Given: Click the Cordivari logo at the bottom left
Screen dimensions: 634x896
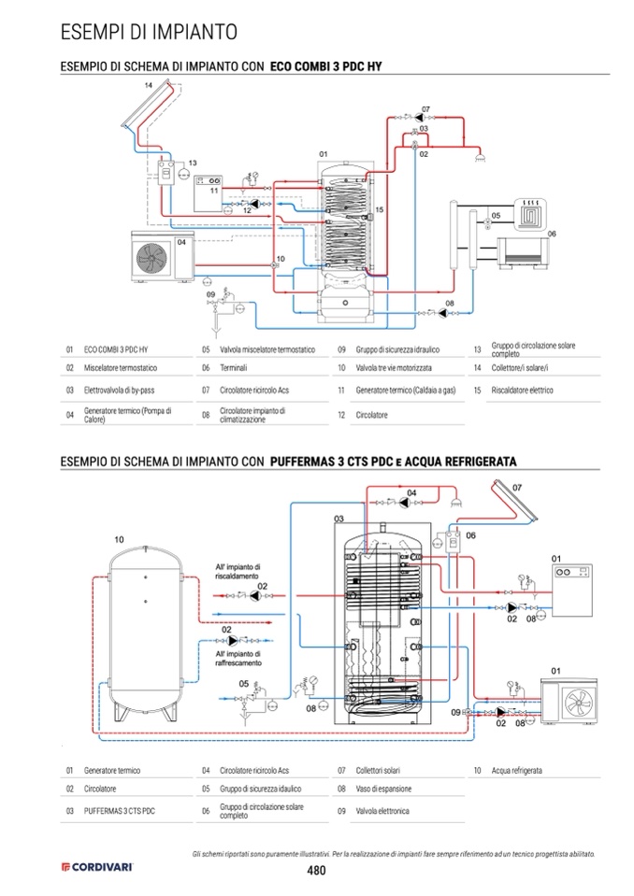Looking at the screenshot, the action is (x=97, y=867).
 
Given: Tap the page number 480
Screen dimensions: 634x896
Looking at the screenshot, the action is (x=316, y=870).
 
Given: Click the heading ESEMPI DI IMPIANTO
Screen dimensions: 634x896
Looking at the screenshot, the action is (x=149, y=32).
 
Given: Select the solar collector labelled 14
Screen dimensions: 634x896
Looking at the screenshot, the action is (x=147, y=106).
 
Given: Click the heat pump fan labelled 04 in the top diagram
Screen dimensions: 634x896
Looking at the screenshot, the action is (x=151, y=258).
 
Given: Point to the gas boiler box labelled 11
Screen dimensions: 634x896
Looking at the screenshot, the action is (x=209, y=193).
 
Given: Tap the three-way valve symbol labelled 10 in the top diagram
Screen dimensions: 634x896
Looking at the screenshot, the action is (x=273, y=265).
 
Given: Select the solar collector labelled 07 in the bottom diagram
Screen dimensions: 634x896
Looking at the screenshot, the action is (x=514, y=501).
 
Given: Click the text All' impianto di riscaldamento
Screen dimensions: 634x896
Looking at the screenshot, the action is (x=238, y=572).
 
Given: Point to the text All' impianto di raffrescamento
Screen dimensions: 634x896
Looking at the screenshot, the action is (x=238, y=659).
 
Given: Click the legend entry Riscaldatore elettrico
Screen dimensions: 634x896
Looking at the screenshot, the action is (x=522, y=391).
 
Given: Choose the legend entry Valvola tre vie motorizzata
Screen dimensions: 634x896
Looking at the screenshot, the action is (x=394, y=368).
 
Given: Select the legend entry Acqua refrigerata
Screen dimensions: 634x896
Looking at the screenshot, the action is (x=517, y=770).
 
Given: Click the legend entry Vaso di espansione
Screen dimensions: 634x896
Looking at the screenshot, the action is (x=383, y=789).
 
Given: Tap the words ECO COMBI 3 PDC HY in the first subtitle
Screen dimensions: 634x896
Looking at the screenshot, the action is (x=325, y=66).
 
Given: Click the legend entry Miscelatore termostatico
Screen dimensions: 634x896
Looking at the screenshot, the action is (x=120, y=368).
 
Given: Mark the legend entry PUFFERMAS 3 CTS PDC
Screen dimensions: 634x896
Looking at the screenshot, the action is (x=120, y=811).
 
